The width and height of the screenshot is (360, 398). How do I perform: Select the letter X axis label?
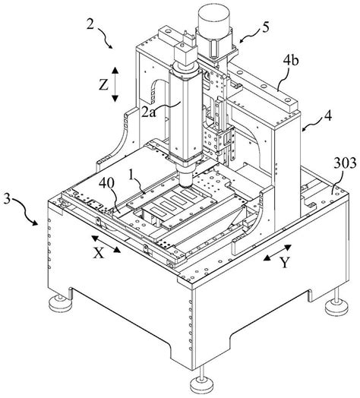[x=98, y=256]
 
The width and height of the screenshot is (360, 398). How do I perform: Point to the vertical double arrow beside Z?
[x=114, y=84]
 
